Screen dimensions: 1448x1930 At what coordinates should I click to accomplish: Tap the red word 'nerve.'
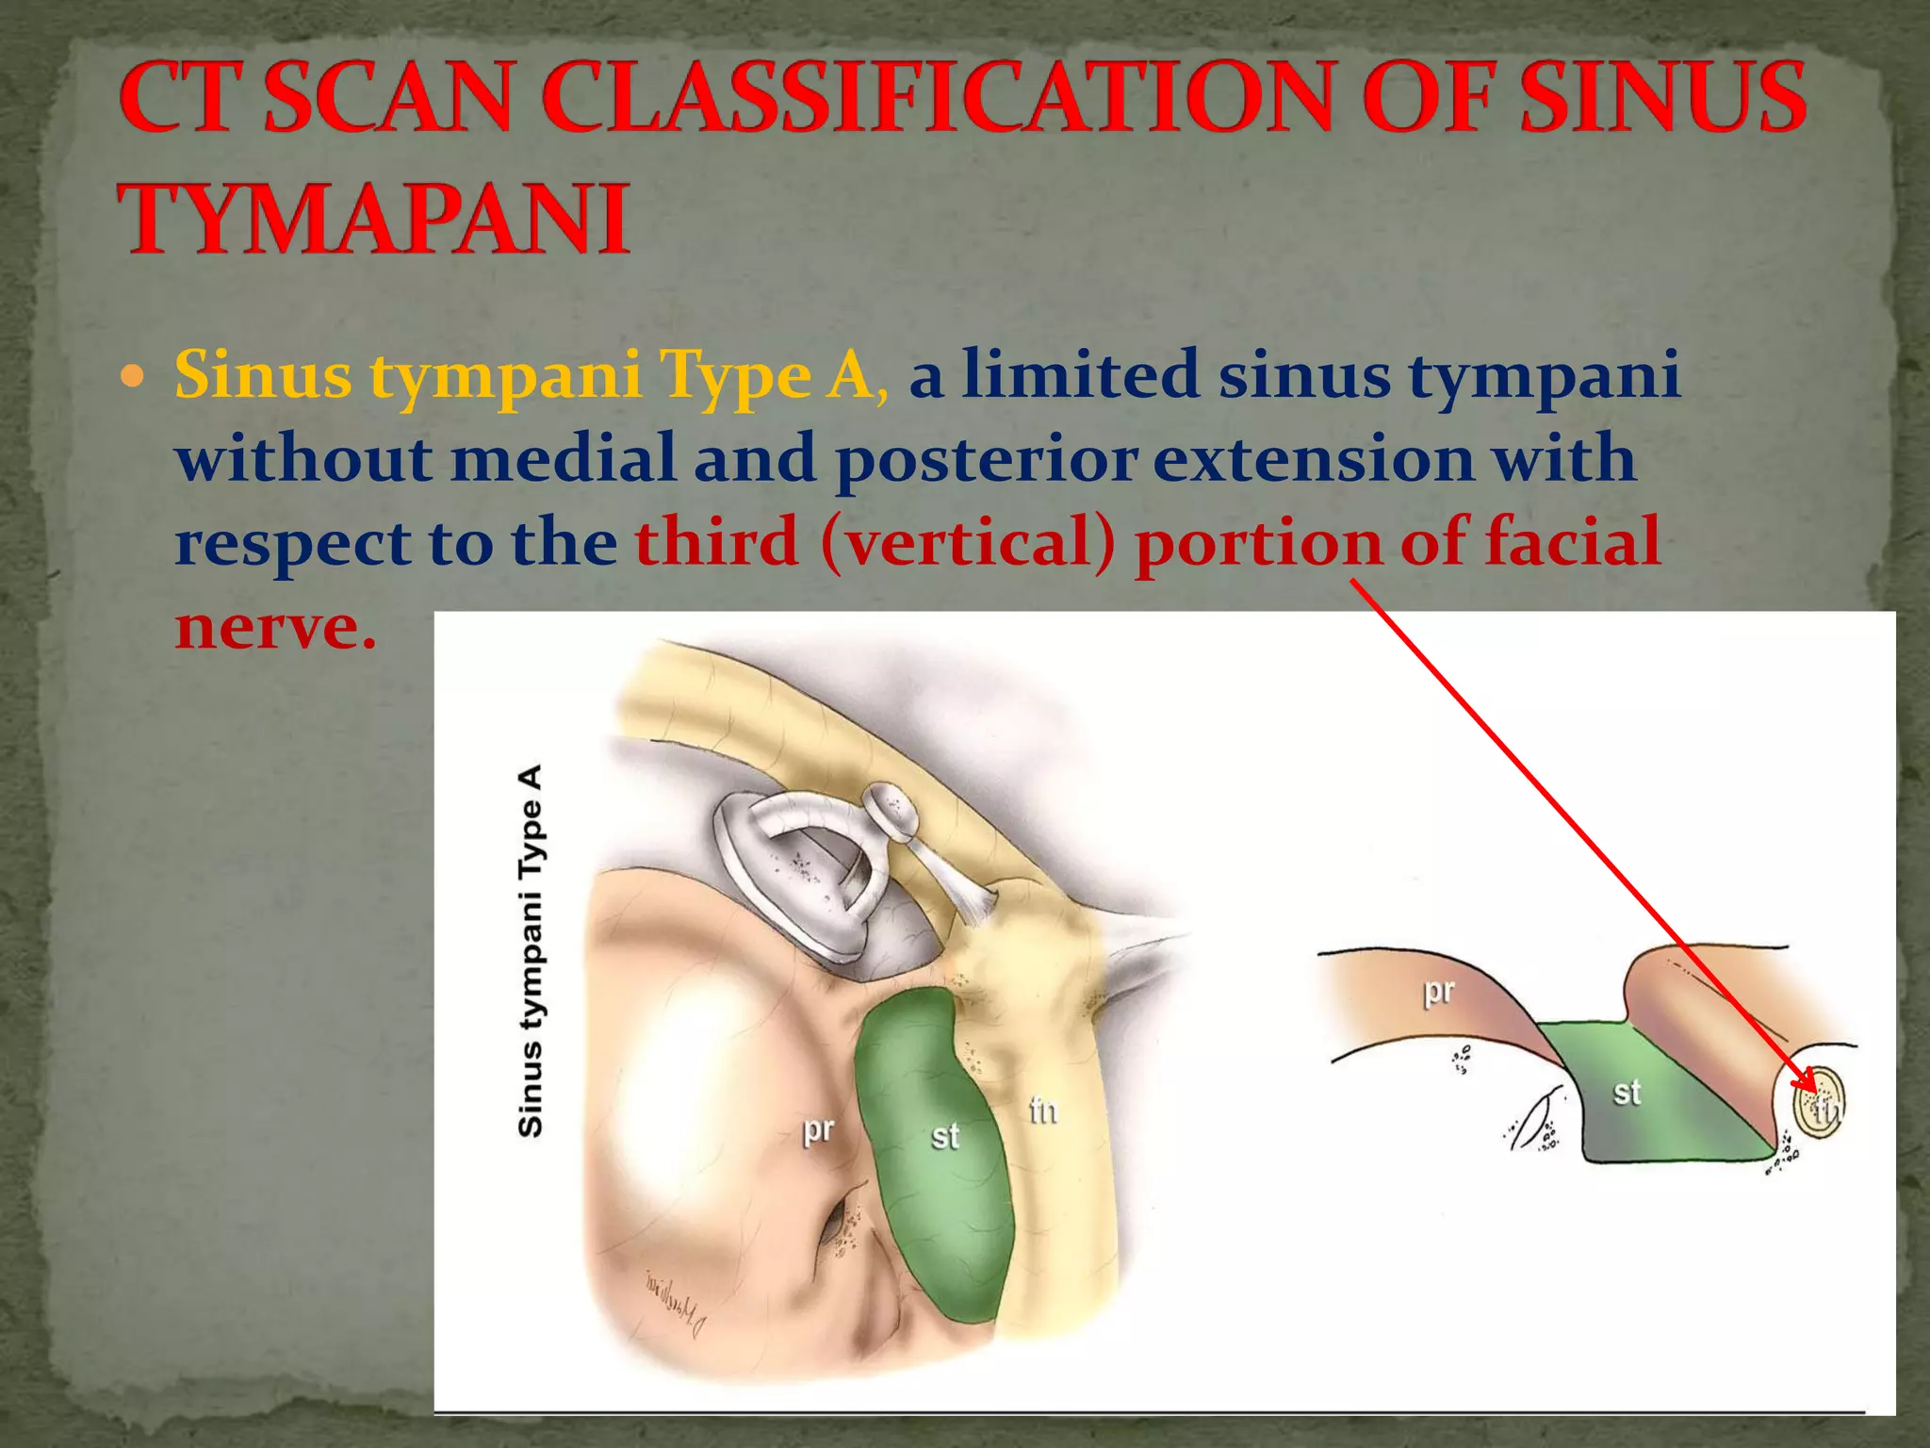(x=275, y=627)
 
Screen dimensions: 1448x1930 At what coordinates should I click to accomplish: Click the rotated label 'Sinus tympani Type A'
(x=531, y=950)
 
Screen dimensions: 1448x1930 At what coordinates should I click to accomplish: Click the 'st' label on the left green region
(x=944, y=1136)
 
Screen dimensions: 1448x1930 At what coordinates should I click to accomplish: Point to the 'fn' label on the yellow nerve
(x=1043, y=1112)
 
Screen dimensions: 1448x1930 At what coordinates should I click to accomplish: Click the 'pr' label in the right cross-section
(x=1439, y=991)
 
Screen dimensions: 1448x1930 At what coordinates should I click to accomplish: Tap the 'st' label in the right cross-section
(x=1627, y=1093)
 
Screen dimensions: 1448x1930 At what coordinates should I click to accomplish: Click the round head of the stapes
(x=891, y=811)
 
